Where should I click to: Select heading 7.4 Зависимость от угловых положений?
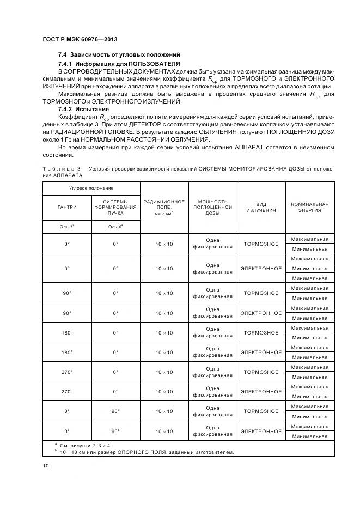(119, 56)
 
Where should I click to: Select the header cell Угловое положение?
(91, 188)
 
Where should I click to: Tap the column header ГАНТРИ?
(67, 207)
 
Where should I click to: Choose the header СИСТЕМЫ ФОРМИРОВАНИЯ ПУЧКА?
(115, 207)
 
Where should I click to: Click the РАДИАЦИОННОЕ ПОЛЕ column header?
(164, 207)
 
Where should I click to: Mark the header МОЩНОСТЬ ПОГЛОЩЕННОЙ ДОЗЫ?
(212, 207)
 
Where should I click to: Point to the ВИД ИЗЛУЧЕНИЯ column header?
(261, 207)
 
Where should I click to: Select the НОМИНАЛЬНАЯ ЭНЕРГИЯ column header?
(309, 207)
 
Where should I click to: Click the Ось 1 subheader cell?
(67, 226)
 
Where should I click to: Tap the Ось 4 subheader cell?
(115, 226)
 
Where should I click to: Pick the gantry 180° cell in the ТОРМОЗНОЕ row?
(67, 333)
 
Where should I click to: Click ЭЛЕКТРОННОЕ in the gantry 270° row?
(261, 392)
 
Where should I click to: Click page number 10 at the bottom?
(46, 466)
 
